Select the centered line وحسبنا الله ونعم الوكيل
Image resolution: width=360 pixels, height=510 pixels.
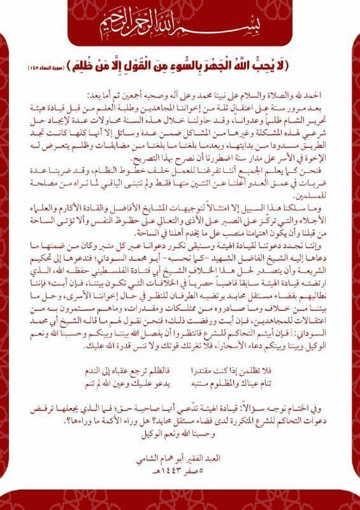180,436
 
